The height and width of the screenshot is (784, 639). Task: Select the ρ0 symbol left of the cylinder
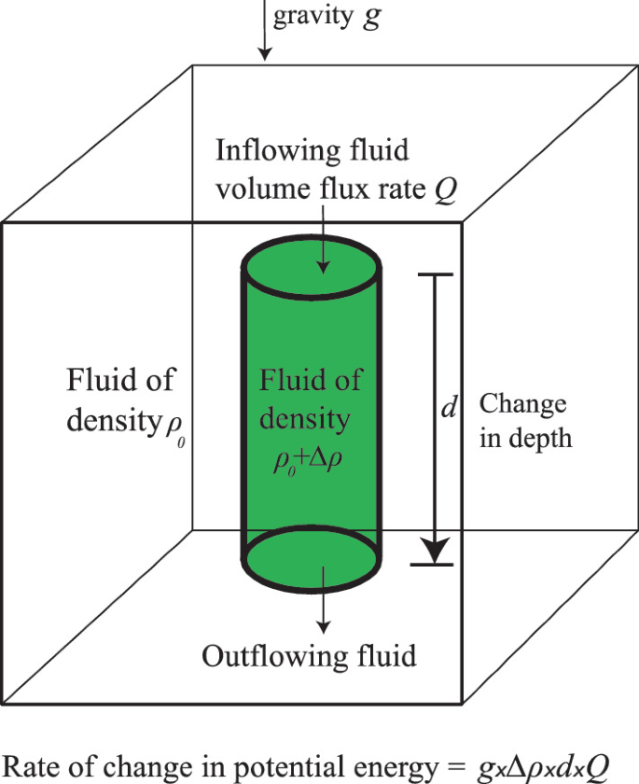pos(175,430)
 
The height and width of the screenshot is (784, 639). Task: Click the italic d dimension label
pos(446,408)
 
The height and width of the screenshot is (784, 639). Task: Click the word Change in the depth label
pos(522,405)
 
